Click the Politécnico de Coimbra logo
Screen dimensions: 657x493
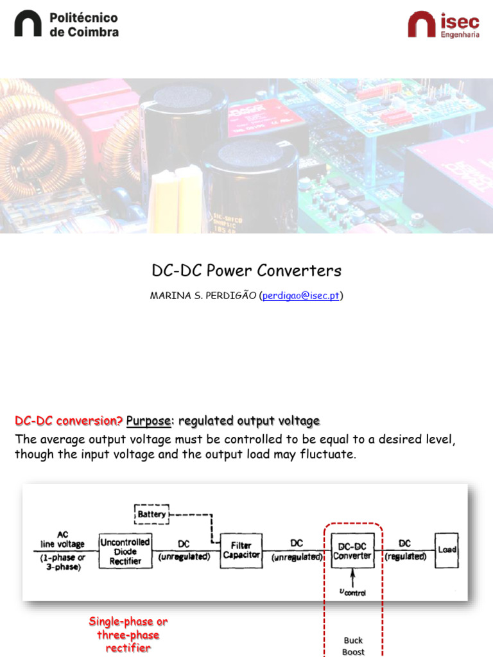click(x=66, y=24)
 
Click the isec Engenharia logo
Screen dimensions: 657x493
click(x=443, y=24)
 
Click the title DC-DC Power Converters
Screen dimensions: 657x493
click(x=246, y=270)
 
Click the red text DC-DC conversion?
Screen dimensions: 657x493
click(x=69, y=421)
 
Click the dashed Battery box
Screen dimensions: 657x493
click(x=151, y=513)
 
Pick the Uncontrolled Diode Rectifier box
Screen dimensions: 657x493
click(x=125, y=550)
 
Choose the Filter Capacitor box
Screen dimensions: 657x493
click(x=241, y=550)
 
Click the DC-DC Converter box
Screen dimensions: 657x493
click(x=353, y=550)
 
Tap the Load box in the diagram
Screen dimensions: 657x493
click(x=447, y=550)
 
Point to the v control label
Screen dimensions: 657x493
click(x=352, y=592)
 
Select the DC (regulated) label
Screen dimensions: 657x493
click(x=405, y=550)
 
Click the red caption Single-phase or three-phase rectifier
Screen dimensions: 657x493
click(x=128, y=635)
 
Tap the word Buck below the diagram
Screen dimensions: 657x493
click(x=353, y=640)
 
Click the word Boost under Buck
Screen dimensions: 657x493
click(x=353, y=652)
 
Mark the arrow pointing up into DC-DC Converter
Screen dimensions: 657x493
click(x=352, y=576)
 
